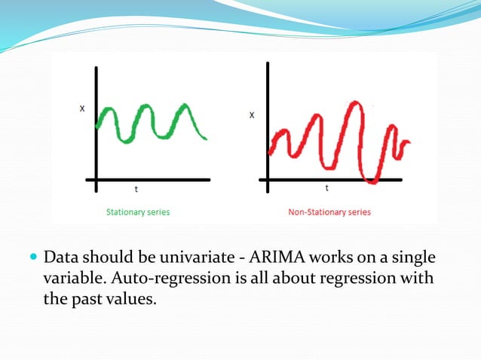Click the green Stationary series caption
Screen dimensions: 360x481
[x=136, y=212]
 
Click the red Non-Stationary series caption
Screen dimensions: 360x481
[x=329, y=212]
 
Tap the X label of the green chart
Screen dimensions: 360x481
[x=81, y=108]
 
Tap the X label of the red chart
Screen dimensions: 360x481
[x=252, y=115]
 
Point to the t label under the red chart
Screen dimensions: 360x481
[x=326, y=188]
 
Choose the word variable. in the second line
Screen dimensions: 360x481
[x=73, y=279]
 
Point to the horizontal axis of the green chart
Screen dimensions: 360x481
[x=151, y=180]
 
